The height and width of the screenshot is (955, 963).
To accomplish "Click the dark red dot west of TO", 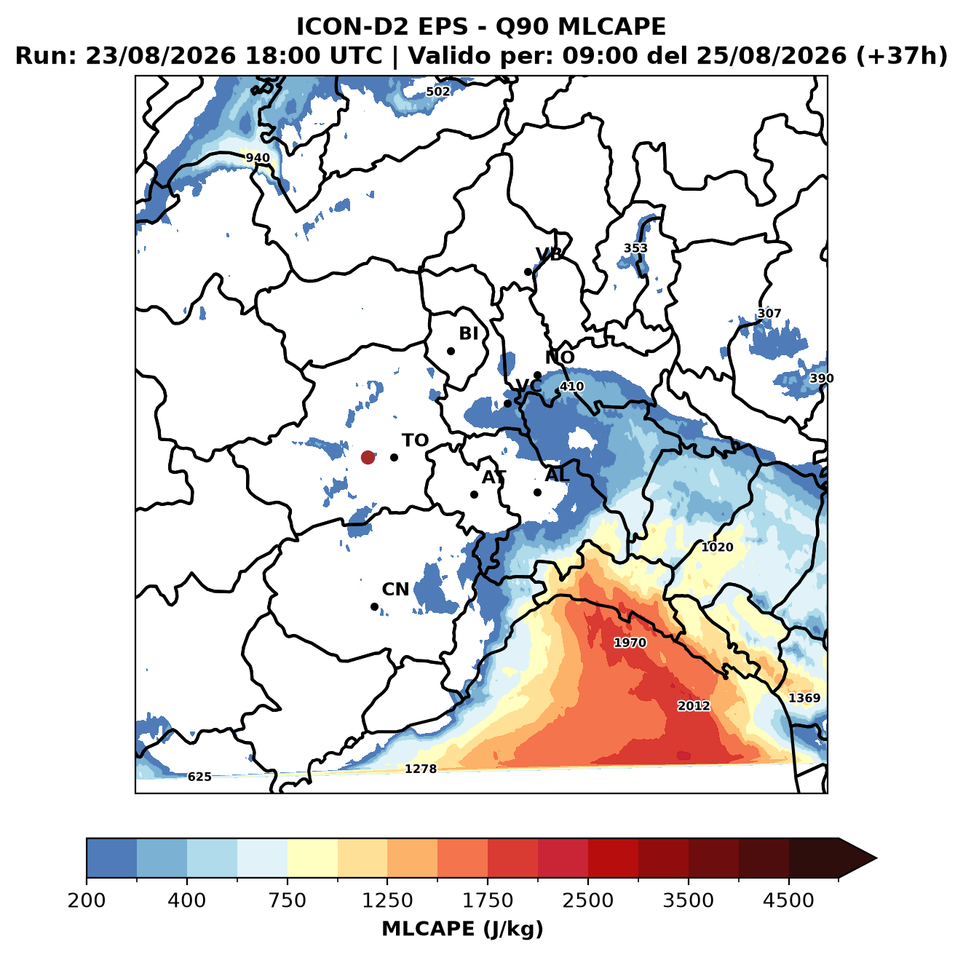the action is coord(368,457).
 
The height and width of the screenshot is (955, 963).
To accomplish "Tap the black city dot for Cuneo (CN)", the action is coord(374,606).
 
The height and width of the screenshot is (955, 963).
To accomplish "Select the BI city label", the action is coord(468,333).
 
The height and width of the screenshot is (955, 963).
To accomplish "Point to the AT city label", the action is coord(494,477).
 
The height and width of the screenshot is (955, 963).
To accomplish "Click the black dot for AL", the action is coord(537,492).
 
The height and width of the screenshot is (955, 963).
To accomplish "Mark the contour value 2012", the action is coord(693,705).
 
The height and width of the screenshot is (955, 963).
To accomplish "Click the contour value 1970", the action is coord(630,643).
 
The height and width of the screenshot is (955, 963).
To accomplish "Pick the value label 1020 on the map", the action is coord(717,547).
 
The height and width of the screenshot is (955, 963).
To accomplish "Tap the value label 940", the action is coord(258,158).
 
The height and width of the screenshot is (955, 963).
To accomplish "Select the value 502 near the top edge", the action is coord(437,92).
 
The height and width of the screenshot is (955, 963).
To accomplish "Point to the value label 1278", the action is coord(420,769).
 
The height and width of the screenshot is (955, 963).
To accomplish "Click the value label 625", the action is coord(199,777).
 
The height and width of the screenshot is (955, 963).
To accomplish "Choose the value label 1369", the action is coord(804,698).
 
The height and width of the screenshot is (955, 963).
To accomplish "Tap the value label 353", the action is coord(635,248).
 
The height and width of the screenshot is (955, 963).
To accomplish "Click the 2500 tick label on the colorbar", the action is coord(587,900).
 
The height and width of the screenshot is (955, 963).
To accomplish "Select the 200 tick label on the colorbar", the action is coord(87,900).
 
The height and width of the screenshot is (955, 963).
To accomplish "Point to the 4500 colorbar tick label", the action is coord(788,900).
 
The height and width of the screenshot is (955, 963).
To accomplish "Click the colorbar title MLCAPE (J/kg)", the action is coord(462,929).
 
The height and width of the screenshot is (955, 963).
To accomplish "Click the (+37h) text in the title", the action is coord(902,56).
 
